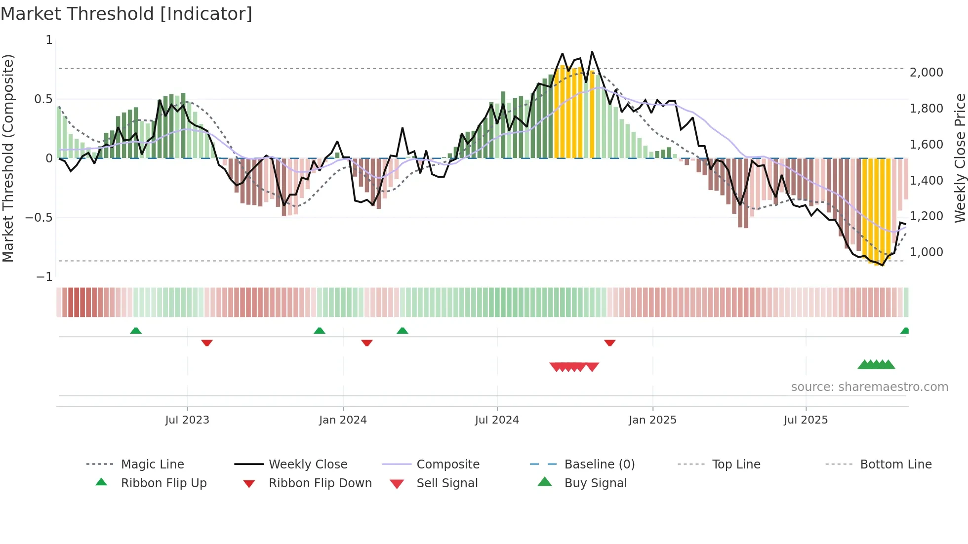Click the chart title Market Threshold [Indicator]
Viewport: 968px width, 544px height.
[x=126, y=14]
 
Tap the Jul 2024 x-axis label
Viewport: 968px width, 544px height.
[x=497, y=420]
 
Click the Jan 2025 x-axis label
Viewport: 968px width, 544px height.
[x=652, y=420]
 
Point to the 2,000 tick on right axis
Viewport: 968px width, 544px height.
[x=927, y=73]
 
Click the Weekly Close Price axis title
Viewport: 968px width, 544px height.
[x=960, y=158]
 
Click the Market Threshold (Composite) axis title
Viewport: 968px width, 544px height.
[x=8, y=158]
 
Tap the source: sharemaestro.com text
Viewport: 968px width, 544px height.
[x=869, y=387]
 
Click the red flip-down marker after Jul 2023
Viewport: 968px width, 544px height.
[x=207, y=343]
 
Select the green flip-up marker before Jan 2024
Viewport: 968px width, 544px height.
[x=320, y=331]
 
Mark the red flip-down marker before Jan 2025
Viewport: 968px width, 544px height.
[x=610, y=343]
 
